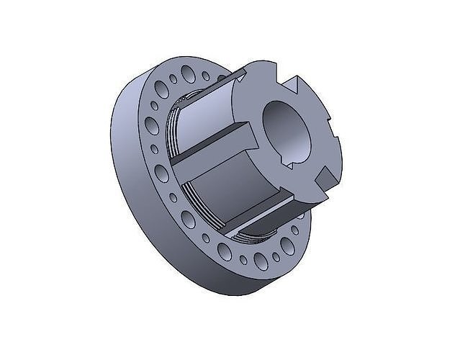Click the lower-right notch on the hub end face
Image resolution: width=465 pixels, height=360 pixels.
tap(325, 175)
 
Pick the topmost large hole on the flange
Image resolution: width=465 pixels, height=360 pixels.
tap(189, 72)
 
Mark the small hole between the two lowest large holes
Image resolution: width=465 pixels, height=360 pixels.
tap(243, 259)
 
